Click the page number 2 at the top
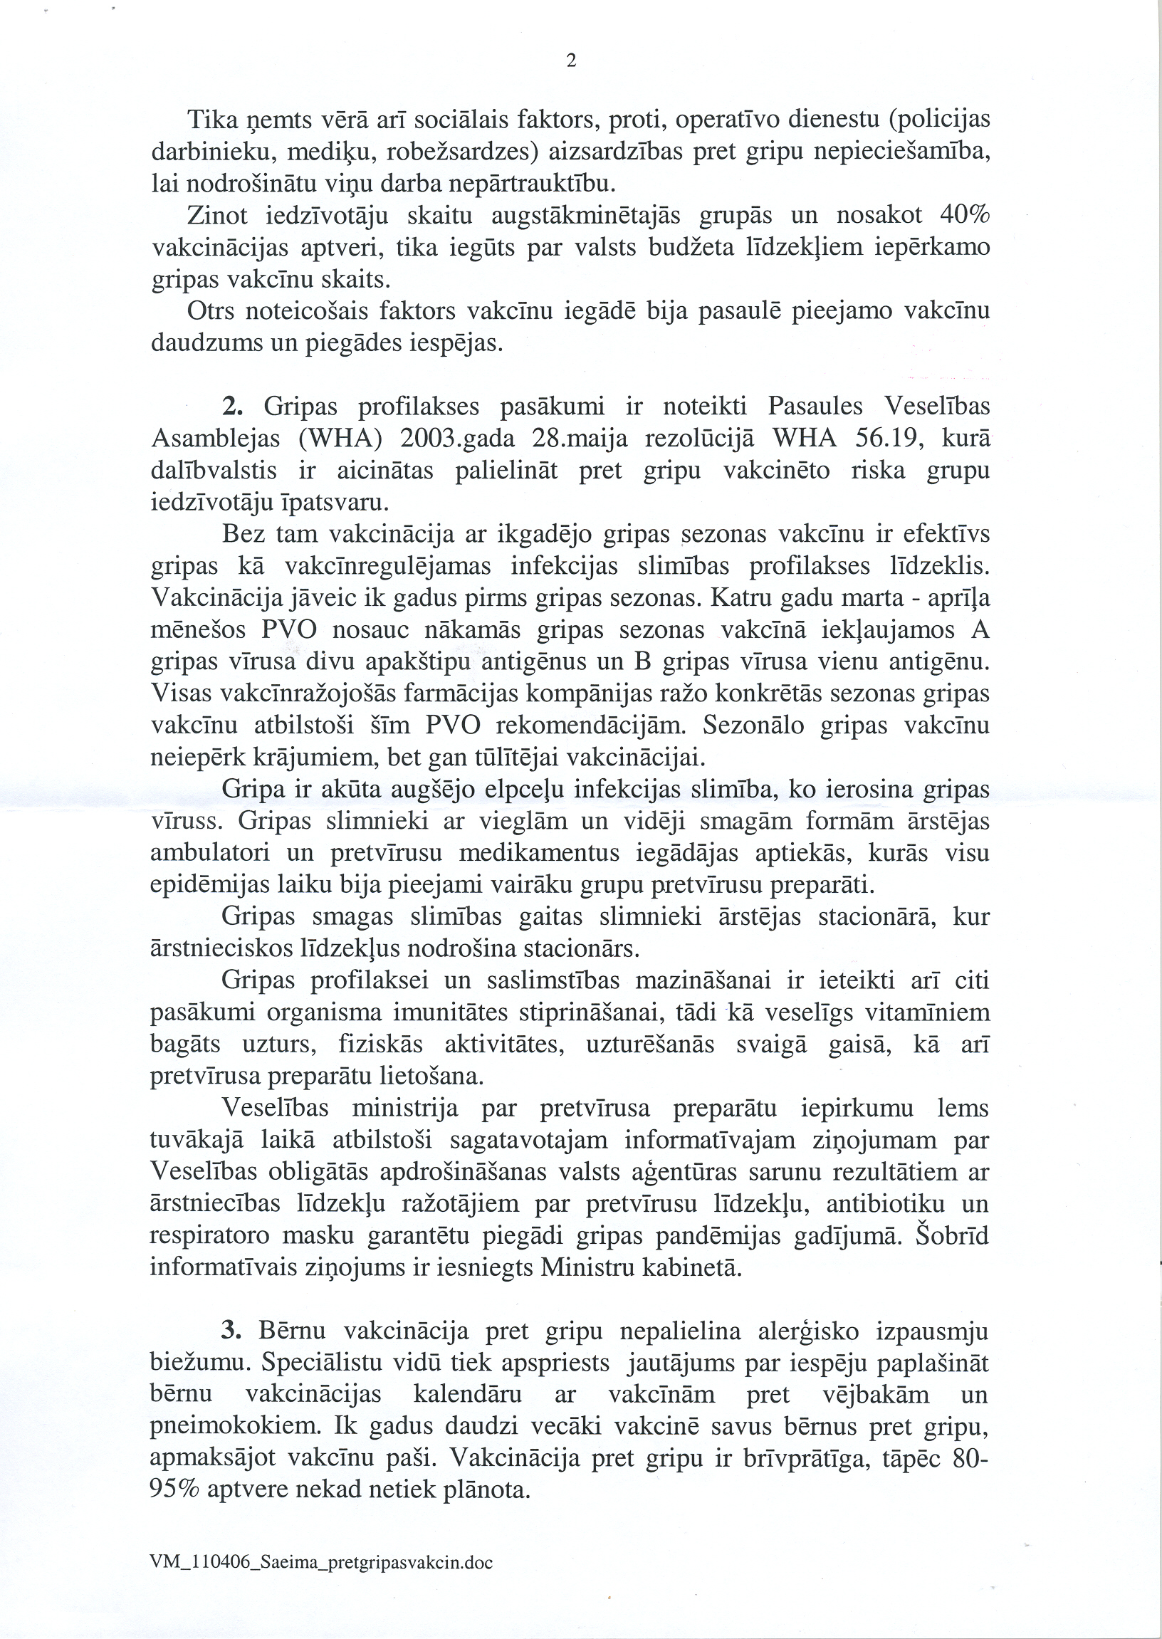(570, 61)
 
